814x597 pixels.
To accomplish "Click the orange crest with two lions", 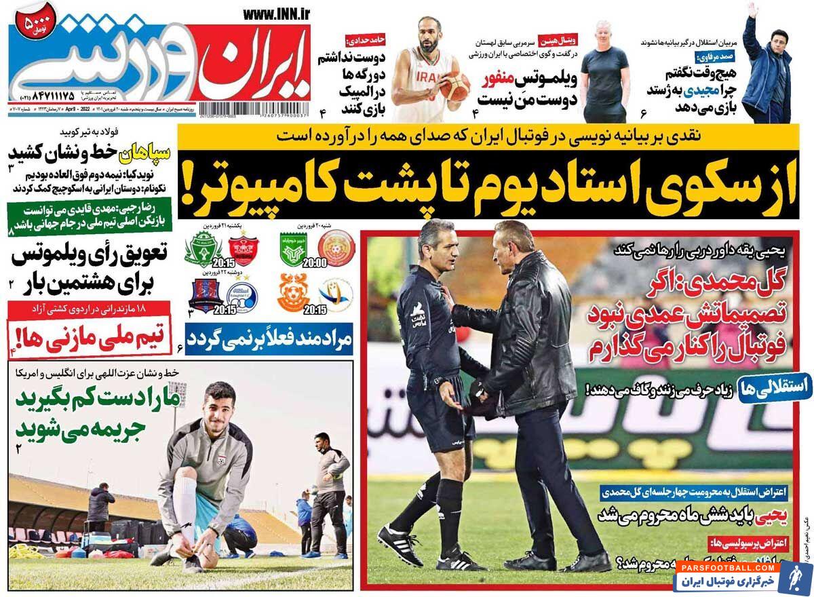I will tap(294, 292).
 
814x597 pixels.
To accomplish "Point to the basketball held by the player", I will tap(454, 85).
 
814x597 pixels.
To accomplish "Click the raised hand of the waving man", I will tap(752, 10).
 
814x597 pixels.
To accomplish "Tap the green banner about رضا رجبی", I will tap(88, 217).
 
